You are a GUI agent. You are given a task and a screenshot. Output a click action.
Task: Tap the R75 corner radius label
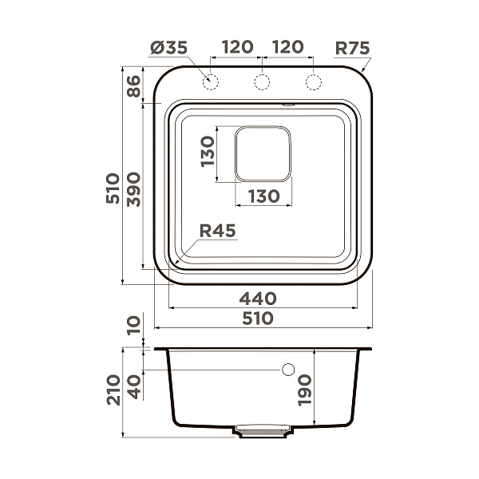click(351, 48)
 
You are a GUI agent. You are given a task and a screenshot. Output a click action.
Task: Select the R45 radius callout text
click(216, 232)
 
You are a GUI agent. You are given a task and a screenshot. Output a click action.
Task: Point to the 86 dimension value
click(133, 87)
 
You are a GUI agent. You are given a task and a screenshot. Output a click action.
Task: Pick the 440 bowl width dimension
click(259, 299)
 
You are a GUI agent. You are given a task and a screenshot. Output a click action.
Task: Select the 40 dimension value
click(133, 386)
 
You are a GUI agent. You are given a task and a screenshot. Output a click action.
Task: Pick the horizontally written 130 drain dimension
click(263, 195)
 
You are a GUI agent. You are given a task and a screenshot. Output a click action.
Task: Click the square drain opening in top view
click(263, 152)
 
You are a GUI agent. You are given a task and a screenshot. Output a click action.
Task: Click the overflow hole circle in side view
click(289, 370)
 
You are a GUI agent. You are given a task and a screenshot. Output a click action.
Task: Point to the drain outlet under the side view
click(262, 431)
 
